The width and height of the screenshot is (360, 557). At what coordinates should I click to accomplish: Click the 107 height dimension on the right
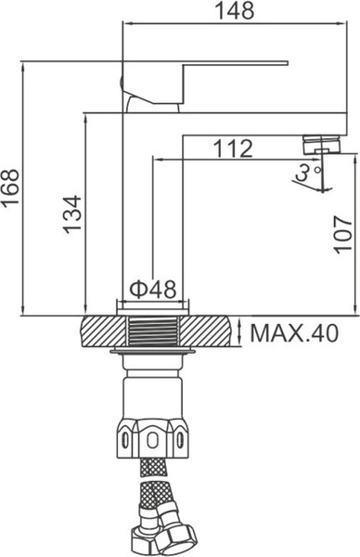tap(342, 231)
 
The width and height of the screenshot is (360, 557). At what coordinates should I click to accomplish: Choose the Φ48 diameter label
tap(151, 290)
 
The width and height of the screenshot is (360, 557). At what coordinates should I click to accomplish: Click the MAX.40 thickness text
tap(293, 331)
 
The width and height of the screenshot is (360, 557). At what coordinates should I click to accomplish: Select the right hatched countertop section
tap(212, 330)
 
